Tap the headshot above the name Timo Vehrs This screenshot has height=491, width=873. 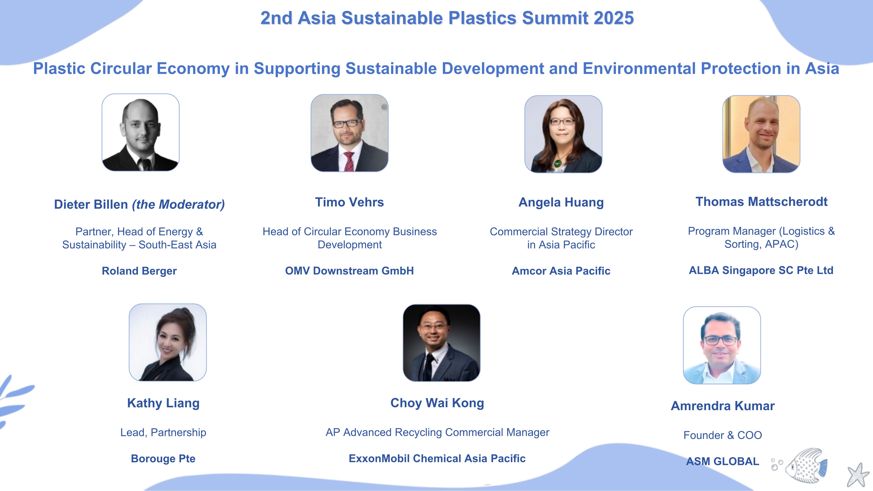[x=349, y=133]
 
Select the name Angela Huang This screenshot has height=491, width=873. [x=561, y=202]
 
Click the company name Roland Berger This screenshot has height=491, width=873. [x=139, y=271]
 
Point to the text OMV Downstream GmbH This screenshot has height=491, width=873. [x=349, y=271]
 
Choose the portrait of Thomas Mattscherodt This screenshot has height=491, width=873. [x=761, y=134]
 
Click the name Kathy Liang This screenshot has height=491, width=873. [x=163, y=403]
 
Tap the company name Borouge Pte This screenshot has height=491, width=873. [x=163, y=458]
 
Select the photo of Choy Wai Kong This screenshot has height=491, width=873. [x=441, y=343]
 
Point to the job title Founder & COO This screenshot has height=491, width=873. [x=723, y=435]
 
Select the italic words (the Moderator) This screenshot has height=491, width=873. [x=178, y=204]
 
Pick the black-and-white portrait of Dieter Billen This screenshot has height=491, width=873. [x=140, y=132]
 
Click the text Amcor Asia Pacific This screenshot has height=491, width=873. [x=561, y=271]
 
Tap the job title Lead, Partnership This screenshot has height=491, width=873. [x=163, y=432]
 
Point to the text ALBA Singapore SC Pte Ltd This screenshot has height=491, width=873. [x=761, y=270]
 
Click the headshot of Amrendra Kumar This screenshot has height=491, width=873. [x=722, y=345]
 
